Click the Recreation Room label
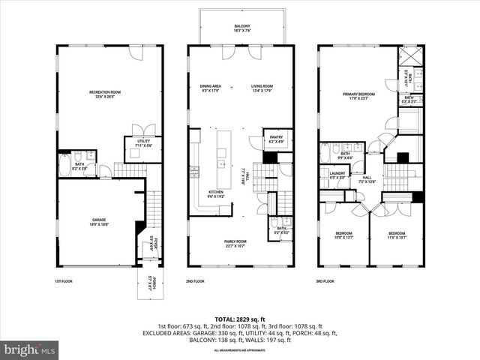(105, 94)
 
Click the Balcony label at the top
(241, 29)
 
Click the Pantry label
(275, 138)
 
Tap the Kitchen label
(216, 194)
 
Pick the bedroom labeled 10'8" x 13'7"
(343, 235)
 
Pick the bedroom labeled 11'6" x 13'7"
(397, 235)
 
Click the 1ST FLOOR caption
(64, 281)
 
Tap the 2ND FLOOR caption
(195, 281)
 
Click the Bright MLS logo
(30, 349)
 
